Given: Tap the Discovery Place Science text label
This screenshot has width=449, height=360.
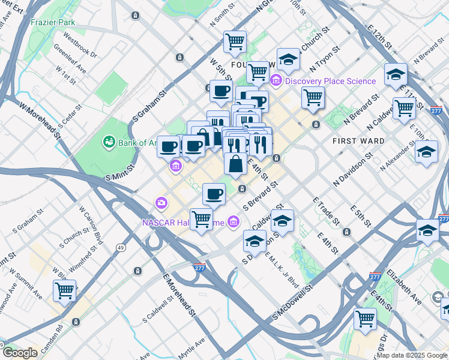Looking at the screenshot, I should [x=330, y=81].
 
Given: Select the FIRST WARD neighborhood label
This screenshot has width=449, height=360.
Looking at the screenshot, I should [x=358, y=141].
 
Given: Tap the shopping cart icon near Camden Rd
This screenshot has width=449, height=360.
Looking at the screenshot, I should [x=64, y=292].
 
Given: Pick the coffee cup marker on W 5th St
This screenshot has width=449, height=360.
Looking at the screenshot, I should [x=221, y=92].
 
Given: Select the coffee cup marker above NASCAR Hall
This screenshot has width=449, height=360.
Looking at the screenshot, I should [x=214, y=194].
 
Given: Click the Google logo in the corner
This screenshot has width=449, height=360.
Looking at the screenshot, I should [x=20, y=352].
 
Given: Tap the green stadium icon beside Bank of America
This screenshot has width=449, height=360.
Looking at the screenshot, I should [x=109, y=142].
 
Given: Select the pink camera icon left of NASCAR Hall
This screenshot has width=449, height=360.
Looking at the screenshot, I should [x=161, y=203].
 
